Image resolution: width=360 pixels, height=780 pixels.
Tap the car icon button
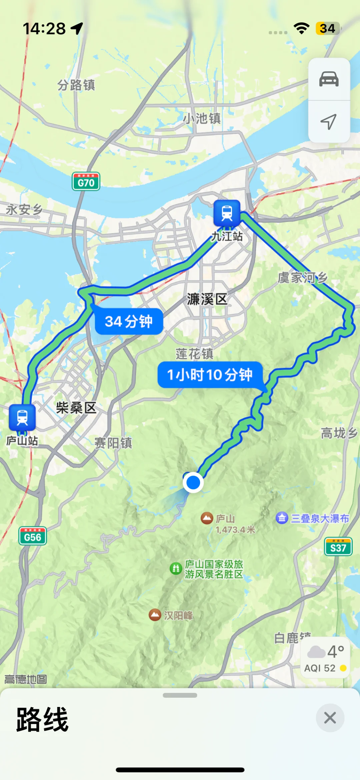[x=329, y=79]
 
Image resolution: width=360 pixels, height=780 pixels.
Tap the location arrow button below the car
[x=329, y=122]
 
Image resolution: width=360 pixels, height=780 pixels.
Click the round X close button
[x=330, y=718]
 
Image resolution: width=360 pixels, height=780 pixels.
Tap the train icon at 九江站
[x=227, y=213]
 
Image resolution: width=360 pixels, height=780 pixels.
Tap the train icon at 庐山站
[x=22, y=417]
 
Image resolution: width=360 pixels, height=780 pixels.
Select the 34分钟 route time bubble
[x=129, y=321]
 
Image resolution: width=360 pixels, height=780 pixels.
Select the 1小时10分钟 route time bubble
[x=210, y=375]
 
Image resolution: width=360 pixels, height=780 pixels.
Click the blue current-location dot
[x=193, y=482]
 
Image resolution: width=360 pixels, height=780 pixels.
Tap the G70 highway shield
[x=86, y=182]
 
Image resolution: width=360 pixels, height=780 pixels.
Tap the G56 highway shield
[x=33, y=536]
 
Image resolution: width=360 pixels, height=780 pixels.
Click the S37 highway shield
[x=338, y=547]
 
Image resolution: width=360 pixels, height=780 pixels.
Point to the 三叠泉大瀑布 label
[x=320, y=519]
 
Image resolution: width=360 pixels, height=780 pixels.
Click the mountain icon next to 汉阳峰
[x=155, y=615]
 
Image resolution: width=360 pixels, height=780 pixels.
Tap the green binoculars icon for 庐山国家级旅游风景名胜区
[x=176, y=568]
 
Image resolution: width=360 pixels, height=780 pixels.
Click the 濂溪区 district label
[x=207, y=299]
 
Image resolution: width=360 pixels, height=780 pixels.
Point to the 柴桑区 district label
[x=76, y=408]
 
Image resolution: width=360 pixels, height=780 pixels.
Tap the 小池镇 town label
[x=202, y=118]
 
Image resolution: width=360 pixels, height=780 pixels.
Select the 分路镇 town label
[x=76, y=85]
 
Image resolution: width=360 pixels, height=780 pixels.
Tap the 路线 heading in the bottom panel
[x=43, y=720]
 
